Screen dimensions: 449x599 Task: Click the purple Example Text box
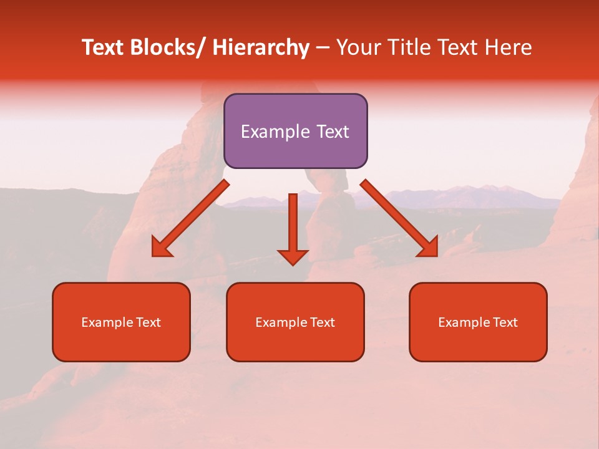pyautogui.click(x=295, y=131)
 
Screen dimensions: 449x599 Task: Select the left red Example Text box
pyautogui.click(x=121, y=322)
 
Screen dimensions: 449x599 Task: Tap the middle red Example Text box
pyautogui.click(x=295, y=322)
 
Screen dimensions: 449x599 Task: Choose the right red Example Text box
pyautogui.click(x=478, y=322)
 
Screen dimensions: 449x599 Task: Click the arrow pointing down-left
pyautogui.click(x=190, y=219)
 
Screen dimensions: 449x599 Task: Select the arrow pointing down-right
pyautogui.click(x=399, y=218)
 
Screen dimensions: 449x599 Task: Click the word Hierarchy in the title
pyautogui.click(x=261, y=47)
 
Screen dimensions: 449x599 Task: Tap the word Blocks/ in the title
pyautogui.click(x=164, y=47)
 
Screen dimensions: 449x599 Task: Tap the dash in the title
pyautogui.click(x=323, y=47)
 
